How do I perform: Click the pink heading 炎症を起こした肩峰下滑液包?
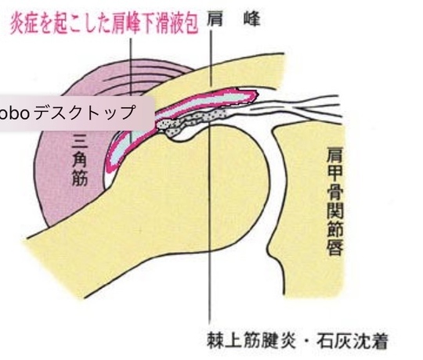pos(104,24)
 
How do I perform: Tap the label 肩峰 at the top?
pos(233,20)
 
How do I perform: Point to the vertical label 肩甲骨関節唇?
pos(335,201)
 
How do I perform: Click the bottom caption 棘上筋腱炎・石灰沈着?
pos(298,341)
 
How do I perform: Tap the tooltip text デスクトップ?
pos(85,113)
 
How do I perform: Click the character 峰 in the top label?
pos(252,20)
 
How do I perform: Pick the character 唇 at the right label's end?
pos(335,247)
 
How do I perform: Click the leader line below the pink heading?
pos(131,91)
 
